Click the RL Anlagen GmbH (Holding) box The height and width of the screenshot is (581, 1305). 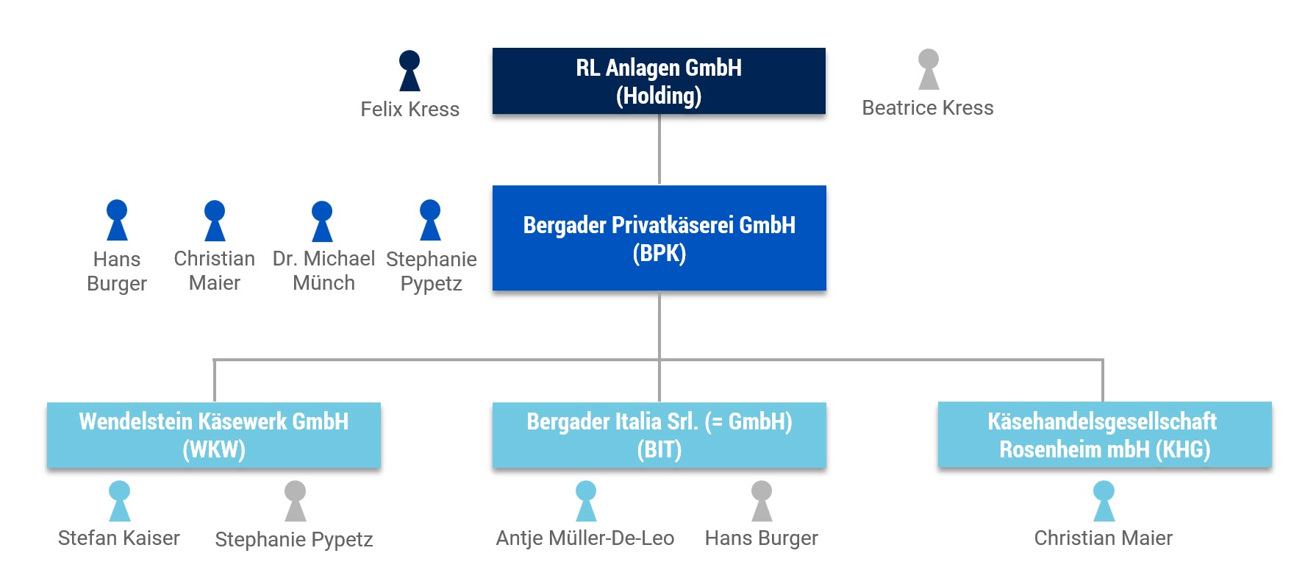659,81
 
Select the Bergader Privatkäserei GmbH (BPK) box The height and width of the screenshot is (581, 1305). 659,238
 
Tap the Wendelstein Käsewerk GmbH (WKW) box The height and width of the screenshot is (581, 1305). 214,435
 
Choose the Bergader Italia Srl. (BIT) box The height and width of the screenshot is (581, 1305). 659,435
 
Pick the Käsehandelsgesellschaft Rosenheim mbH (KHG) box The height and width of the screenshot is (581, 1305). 1104,435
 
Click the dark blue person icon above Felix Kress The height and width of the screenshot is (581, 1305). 410,71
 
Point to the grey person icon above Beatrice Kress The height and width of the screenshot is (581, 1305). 929,69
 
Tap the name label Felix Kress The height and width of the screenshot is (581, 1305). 410,110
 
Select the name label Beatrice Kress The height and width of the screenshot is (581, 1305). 927,108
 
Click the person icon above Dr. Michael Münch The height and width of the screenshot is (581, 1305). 322,221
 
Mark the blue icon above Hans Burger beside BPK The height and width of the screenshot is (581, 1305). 117,220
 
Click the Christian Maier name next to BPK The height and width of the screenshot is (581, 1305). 214,271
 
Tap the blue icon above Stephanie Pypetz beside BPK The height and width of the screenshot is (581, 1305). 430,220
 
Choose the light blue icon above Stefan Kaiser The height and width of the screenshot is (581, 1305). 119,501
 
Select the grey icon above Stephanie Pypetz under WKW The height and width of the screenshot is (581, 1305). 295,501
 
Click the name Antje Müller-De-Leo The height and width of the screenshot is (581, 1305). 584,538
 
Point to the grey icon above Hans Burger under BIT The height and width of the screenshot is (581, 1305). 762,501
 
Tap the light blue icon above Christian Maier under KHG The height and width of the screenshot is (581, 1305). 1104,501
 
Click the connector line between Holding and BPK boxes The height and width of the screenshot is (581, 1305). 659,149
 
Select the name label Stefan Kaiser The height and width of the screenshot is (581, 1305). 118,538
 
